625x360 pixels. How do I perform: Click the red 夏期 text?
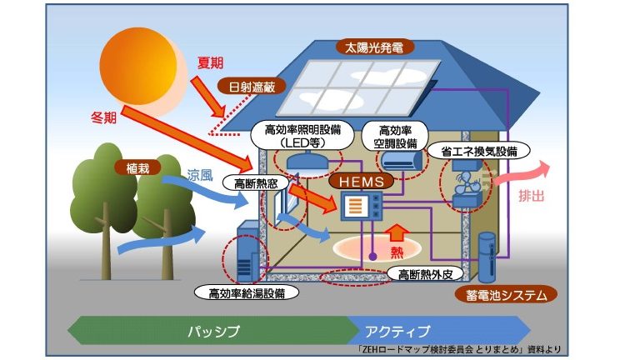210,62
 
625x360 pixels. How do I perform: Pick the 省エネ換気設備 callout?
478,152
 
